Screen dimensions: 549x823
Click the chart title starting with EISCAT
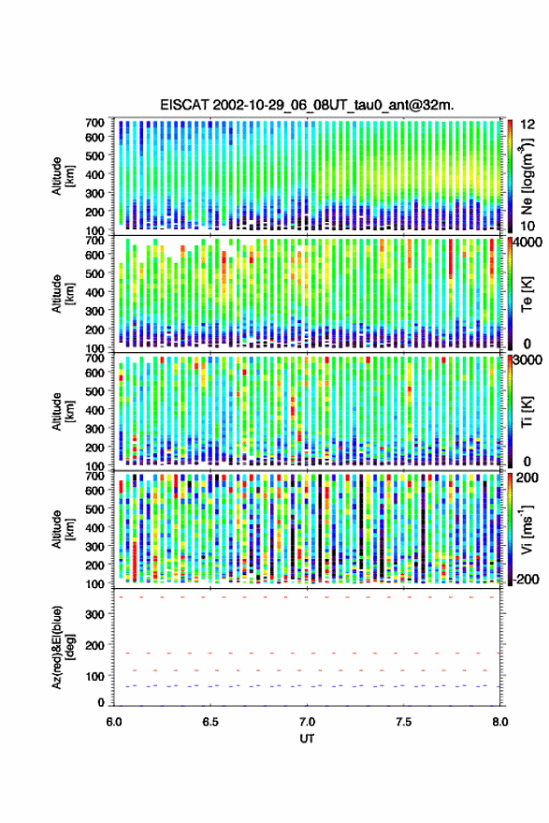(307, 105)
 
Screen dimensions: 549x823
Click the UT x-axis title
(307, 738)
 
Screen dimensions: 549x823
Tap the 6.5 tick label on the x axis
(210, 722)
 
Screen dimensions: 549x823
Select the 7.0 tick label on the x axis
(307, 722)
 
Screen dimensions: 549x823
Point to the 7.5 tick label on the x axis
(403, 722)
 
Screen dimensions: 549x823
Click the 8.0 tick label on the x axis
(499, 722)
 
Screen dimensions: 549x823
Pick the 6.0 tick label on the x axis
(114, 722)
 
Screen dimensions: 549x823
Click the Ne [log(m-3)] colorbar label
(527, 176)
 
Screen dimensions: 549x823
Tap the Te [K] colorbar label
(527, 294)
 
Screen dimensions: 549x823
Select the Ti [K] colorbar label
(527, 412)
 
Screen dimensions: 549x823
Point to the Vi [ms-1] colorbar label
(527, 529)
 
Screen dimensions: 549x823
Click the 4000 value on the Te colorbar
(528, 243)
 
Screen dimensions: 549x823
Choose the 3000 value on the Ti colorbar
(528, 360)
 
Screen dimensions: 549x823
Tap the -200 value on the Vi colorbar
(526, 580)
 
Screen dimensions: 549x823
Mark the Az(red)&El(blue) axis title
(63, 647)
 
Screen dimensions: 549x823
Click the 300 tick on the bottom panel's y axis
(94, 614)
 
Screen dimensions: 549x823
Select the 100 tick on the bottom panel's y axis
(94, 676)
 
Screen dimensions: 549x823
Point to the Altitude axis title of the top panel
(63, 176)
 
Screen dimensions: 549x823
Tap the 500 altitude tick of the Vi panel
(94, 508)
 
